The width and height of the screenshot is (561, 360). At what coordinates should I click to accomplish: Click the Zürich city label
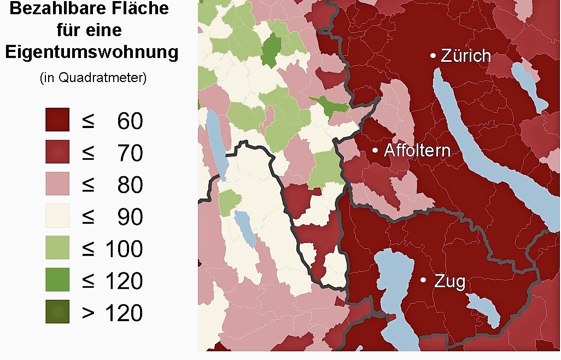pos(466,56)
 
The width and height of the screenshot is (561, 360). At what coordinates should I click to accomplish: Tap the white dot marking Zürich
pos(433,56)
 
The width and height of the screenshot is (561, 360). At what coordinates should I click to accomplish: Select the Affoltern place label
pos(417,150)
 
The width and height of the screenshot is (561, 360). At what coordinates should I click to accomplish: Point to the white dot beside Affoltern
pos(375,150)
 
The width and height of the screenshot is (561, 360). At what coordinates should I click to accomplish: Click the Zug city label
pos(449,282)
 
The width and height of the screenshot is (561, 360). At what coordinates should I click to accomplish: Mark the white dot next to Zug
pos(423,280)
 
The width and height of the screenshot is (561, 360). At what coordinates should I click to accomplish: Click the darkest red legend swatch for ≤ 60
pos(57,120)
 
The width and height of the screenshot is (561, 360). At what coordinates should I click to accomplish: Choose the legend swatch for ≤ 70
pos(57,152)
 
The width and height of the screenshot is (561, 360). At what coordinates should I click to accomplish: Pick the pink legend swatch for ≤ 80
pos(57,184)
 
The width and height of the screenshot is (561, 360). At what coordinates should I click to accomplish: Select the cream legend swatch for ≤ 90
pos(57,216)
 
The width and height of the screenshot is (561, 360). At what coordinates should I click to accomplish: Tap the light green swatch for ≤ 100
pos(57,248)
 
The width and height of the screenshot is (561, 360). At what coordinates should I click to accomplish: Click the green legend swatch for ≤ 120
pos(57,280)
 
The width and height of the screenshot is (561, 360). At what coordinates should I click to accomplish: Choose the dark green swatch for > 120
pos(57,312)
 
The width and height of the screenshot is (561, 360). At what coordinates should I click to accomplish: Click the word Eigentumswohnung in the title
pos(91,53)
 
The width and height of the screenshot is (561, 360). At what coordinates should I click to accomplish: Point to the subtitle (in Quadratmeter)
pos(93,78)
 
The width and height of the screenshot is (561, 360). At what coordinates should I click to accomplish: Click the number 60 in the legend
pos(130,121)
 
